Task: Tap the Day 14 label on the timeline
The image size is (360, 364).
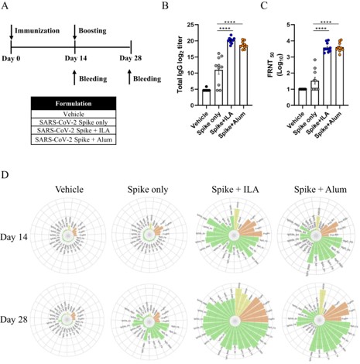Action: click(74, 57)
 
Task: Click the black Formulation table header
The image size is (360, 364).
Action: click(76, 104)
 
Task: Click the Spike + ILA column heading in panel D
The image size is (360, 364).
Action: click(233, 186)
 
